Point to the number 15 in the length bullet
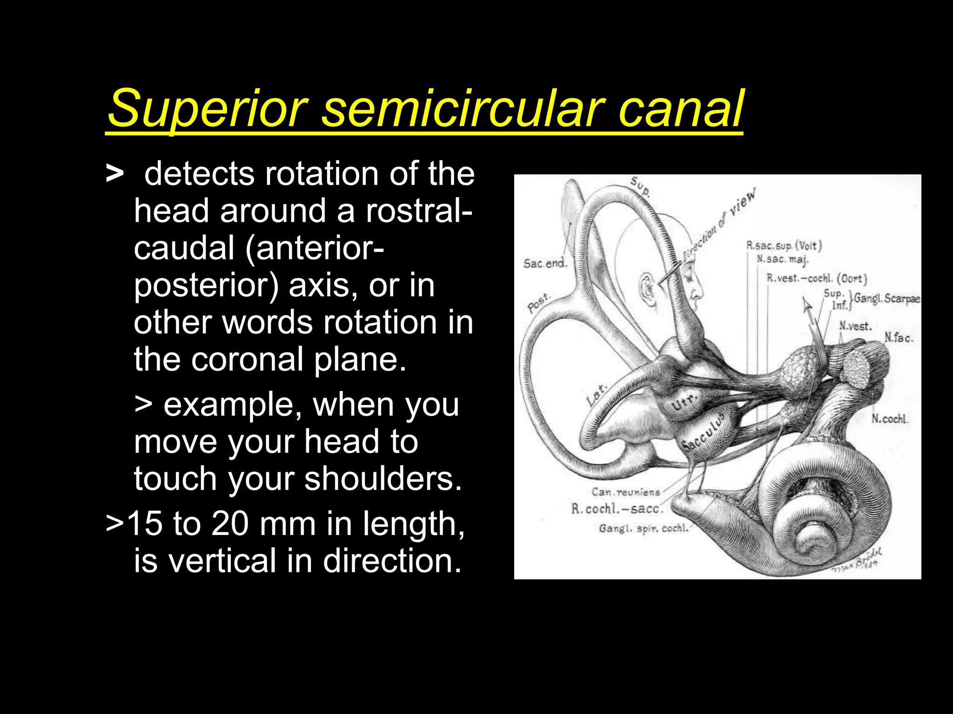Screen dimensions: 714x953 [145, 524]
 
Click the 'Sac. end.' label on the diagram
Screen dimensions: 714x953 [545, 264]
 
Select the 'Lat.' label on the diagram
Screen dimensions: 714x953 [597, 395]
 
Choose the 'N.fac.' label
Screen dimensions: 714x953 [899, 337]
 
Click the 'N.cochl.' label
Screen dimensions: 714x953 [889, 419]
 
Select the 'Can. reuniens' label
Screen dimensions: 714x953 [626, 492]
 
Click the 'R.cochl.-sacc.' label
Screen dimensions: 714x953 [617, 509]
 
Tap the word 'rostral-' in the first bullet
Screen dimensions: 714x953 [419, 211]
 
